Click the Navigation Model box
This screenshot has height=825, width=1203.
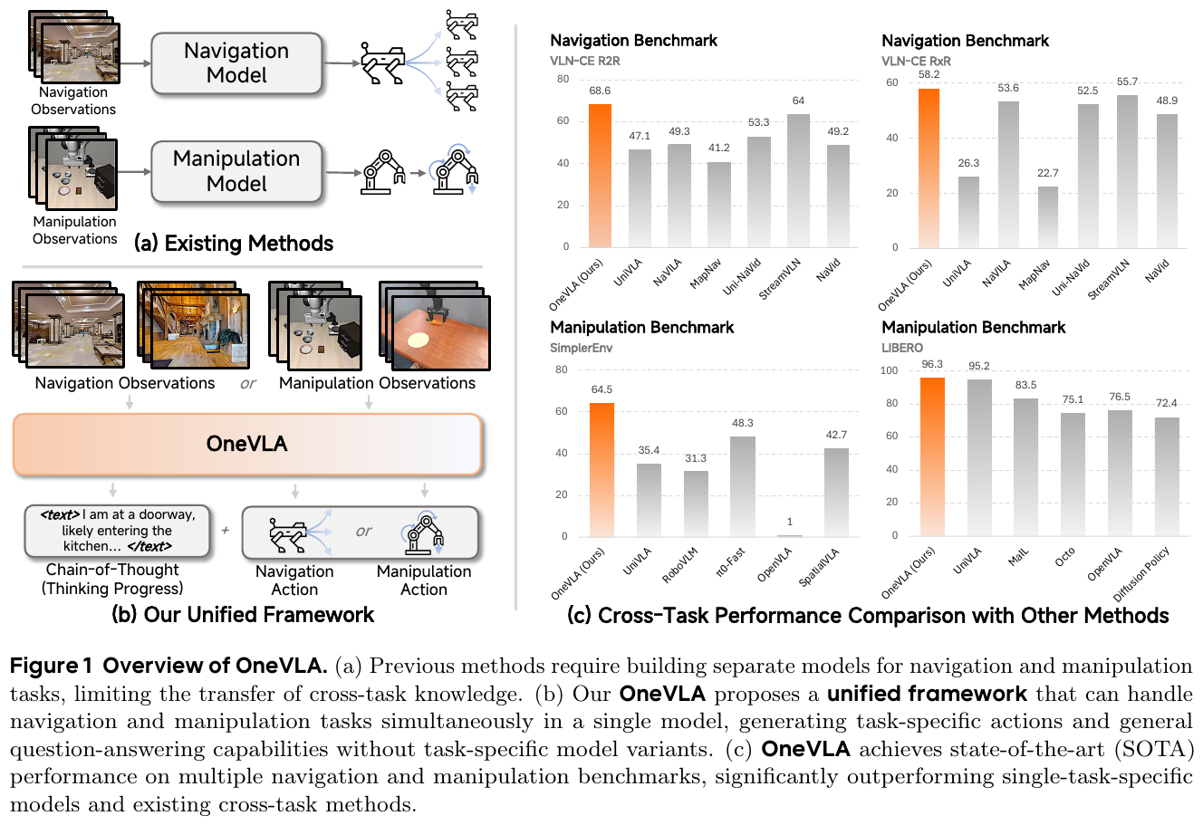click(x=236, y=62)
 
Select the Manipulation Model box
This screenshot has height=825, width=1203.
click(x=236, y=171)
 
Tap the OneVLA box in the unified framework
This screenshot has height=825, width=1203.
click(x=247, y=444)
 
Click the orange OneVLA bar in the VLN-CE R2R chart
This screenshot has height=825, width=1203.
click(x=600, y=176)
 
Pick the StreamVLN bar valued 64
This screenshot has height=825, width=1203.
click(x=798, y=180)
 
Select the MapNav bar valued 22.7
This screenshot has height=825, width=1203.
click(x=1048, y=216)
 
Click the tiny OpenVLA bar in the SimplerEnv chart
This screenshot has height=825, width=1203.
click(x=790, y=535)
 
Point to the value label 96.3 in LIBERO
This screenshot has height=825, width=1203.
click(x=932, y=364)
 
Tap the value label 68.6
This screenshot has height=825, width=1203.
click(x=600, y=91)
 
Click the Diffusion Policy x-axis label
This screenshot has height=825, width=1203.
click(x=1141, y=574)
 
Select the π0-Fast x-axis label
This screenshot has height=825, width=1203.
click(x=730, y=562)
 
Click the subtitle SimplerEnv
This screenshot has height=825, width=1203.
click(x=581, y=348)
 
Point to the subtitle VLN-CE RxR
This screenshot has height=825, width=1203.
click(x=916, y=62)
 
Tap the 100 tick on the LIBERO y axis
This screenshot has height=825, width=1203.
click(x=889, y=370)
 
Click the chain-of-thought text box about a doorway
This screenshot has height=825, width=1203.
click(x=117, y=531)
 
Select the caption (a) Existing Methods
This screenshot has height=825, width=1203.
click(x=234, y=243)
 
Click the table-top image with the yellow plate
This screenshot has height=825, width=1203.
click(x=441, y=332)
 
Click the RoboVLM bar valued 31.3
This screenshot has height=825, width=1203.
click(x=696, y=504)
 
